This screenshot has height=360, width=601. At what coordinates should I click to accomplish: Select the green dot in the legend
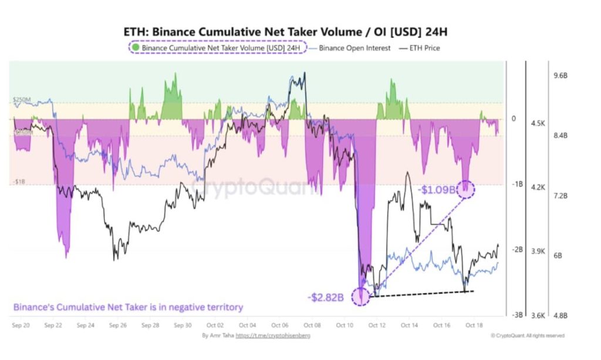(x=136, y=48)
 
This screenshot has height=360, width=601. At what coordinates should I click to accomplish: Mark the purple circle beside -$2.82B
(x=360, y=296)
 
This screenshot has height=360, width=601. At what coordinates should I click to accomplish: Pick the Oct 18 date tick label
(x=474, y=324)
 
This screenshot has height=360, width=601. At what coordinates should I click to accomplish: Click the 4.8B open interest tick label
(x=562, y=315)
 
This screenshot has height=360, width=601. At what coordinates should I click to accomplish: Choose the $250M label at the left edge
(x=22, y=100)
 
